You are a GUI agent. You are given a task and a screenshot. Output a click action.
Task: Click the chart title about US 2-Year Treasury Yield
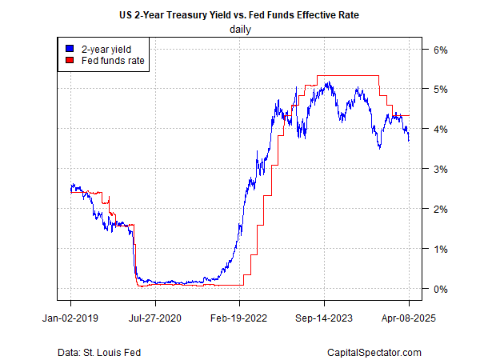pos(239,14)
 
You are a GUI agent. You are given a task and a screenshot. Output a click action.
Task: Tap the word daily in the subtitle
pos(239,29)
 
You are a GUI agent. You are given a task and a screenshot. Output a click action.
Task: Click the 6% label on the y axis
pos(441,49)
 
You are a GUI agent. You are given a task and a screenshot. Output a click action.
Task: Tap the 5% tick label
pos(441,89)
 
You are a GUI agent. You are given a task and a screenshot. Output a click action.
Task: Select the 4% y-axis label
pos(441,129)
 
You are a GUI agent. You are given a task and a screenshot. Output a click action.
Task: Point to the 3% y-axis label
pos(441,169)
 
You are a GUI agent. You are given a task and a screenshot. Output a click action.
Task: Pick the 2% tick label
pos(441,209)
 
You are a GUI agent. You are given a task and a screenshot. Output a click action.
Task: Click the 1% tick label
pos(441,249)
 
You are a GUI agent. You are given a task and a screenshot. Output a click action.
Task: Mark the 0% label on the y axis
pos(441,289)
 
